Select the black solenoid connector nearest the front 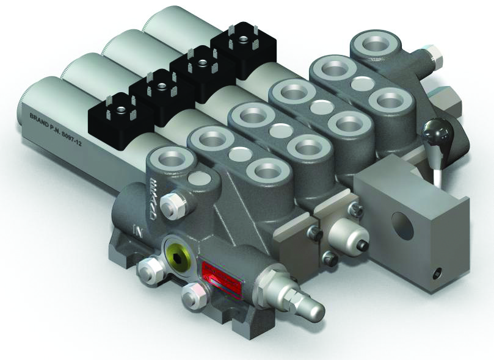(114, 109)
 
